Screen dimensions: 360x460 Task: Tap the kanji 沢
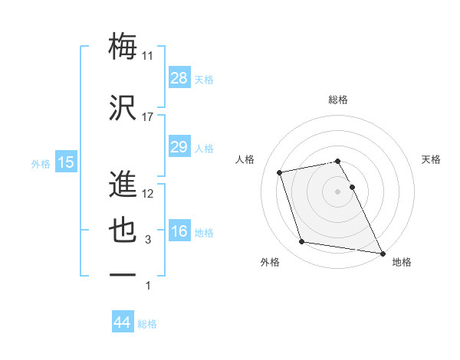[x=123, y=107]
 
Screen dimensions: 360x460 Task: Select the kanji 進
[x=123, y=184]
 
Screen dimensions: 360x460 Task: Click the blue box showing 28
[x=179, y=77]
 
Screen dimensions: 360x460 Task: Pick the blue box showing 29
[x=179, y=147]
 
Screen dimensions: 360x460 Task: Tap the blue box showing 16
[x=179, y=231]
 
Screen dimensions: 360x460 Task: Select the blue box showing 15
[x=66, y=162]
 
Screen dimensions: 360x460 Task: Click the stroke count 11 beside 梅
[x=148, y=56]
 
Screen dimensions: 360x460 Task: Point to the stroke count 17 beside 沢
[x=148, y=117]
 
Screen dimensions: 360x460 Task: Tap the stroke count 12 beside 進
[x=148, y=194]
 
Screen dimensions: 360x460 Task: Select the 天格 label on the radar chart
[x=432, y=159]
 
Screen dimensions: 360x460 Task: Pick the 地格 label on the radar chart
[x=402, y=262]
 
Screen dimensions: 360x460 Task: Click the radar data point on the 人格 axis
[x=280, y=172]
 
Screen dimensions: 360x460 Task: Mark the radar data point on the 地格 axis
[x=383, y=253]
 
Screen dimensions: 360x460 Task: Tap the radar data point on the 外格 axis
[x=301, y=242]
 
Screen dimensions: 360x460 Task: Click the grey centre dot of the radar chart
[x=338, y=191]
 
